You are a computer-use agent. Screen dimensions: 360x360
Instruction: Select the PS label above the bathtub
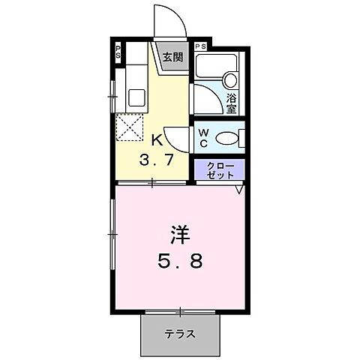click(x=200, y=46)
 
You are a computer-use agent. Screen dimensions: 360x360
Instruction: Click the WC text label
click(x=203, y=138)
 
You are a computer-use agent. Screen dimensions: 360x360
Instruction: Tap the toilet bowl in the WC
click(x=227, y=139)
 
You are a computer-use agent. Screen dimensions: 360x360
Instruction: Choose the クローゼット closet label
click(x=219, y=170)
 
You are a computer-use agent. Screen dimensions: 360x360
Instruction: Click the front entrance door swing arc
click(x=166, y=19)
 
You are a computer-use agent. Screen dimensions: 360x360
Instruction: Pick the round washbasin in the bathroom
click(x=231, y=81)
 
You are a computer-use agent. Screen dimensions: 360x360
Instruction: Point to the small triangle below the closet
click(x=238, y=190)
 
